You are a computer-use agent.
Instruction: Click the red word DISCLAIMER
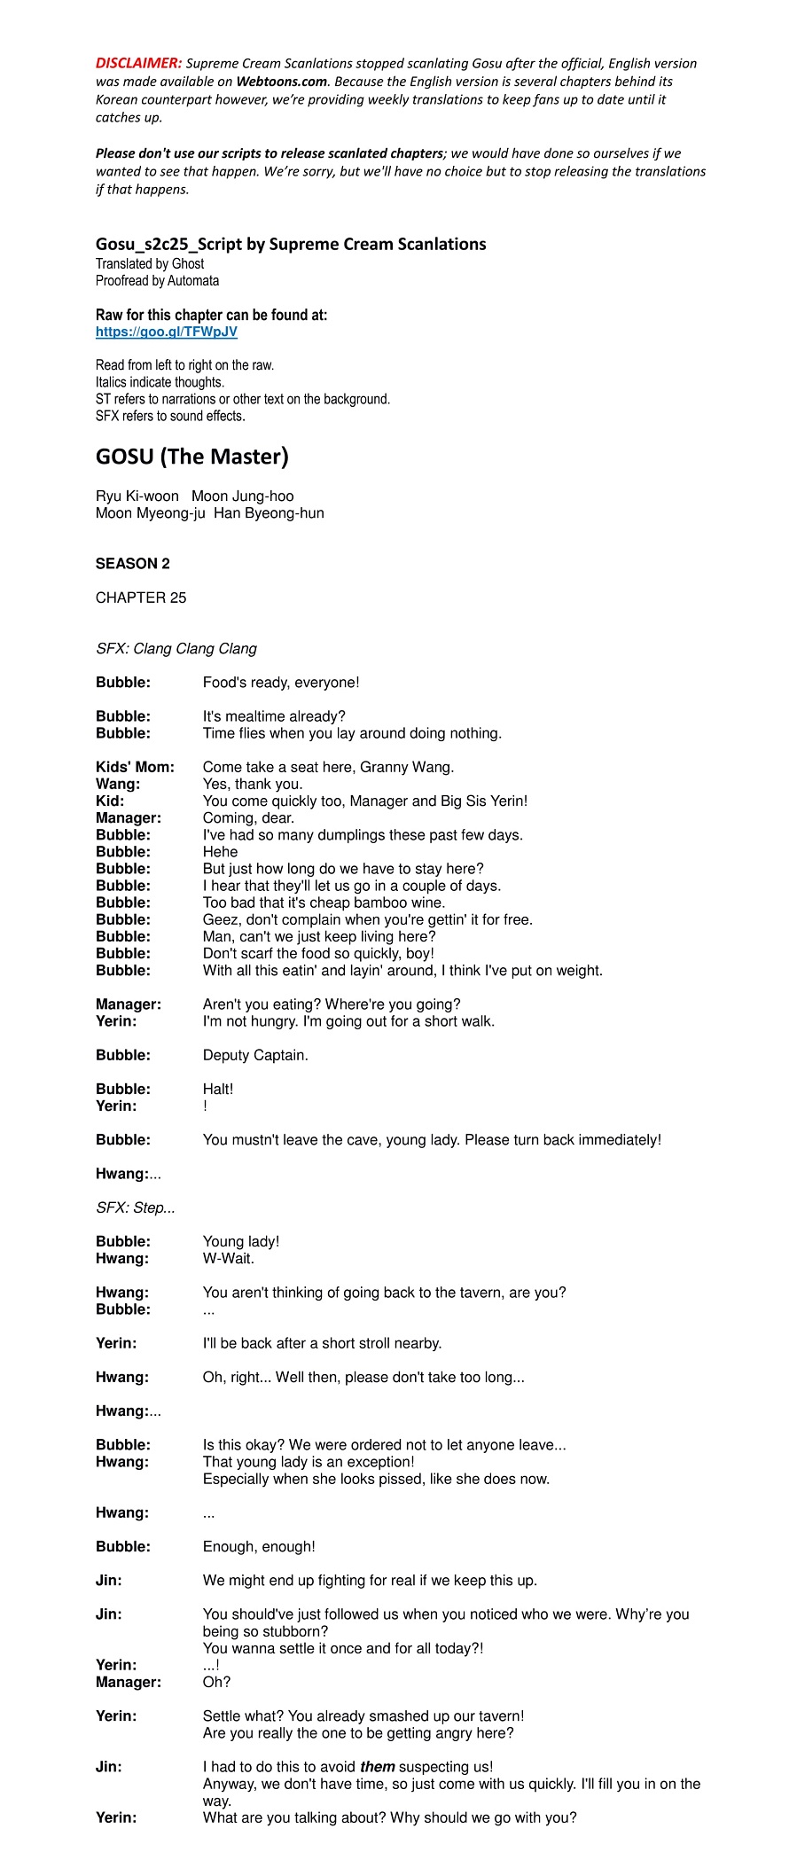pos(138,63)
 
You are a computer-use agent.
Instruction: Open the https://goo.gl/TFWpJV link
pos(167,332)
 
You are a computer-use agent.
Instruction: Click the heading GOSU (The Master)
pos(192,457)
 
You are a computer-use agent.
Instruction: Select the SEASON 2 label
pos(133,564)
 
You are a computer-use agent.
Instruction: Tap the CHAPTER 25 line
pos(141,598)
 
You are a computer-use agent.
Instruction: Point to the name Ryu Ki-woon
pos(137,496)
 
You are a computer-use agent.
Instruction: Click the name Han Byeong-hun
pos(269,513)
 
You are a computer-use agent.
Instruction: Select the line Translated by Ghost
pos(150,263)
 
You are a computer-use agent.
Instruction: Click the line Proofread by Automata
pos(157,281)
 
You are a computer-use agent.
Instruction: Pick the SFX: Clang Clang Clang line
pos(176,649)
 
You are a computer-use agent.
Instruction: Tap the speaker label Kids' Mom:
pos(135,767)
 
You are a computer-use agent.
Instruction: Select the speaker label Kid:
pos(110,801)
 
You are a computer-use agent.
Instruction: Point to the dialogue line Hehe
pos(220,852)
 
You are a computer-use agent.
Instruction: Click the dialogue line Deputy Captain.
pos(255,1055)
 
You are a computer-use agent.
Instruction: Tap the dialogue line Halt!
pos(218,1089)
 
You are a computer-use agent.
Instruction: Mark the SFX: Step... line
pos(136,1207)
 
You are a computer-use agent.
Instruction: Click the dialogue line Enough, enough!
pos(259,1547)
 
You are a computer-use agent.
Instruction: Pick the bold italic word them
pos(377,1767)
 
